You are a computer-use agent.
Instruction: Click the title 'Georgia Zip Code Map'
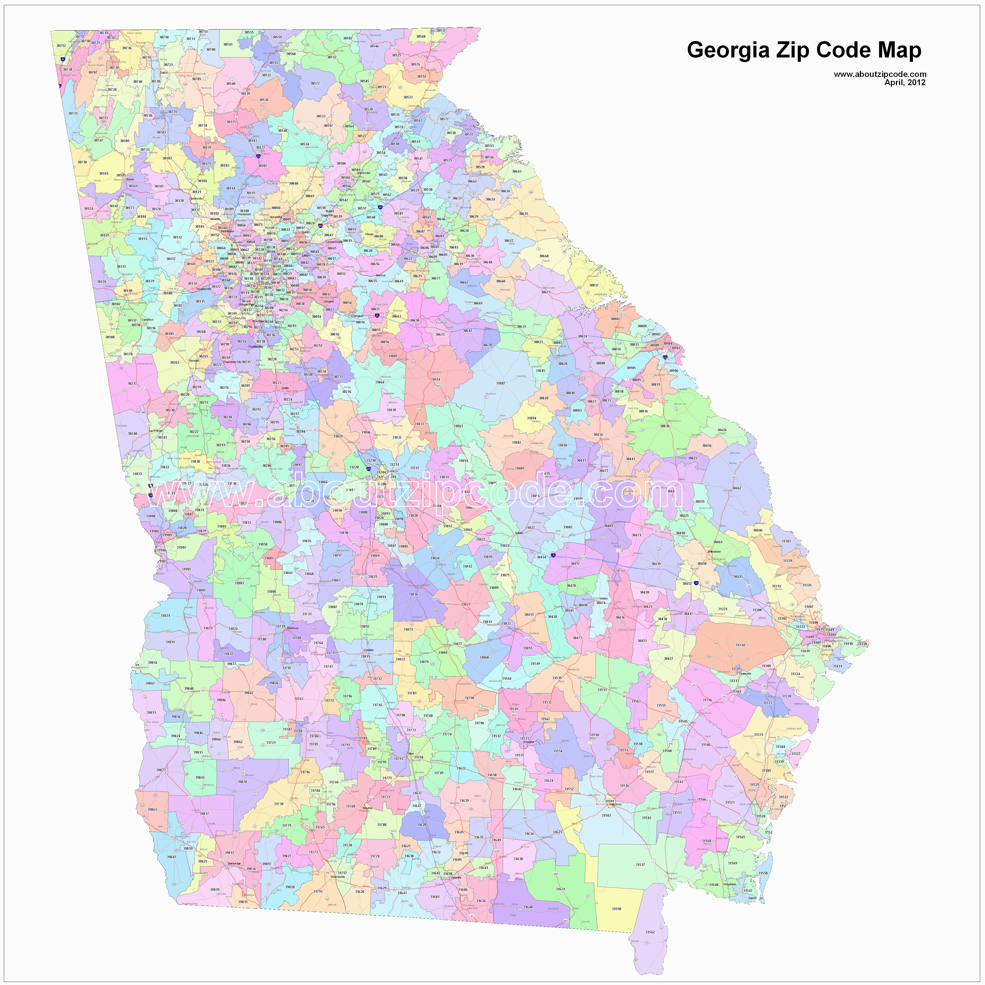click(804, 50)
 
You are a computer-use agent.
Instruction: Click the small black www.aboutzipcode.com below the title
click(880, 74)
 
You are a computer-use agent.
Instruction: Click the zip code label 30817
click(594, 285)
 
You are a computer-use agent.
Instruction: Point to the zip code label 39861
click(152, 810)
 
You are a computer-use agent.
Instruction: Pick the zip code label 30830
click(665, 426)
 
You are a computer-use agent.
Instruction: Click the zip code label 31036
click(413, 595)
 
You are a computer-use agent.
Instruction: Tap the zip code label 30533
click(321, 116)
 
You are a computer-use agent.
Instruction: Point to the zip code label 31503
click(606, 816)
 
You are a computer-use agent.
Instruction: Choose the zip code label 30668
click(544, 257)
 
